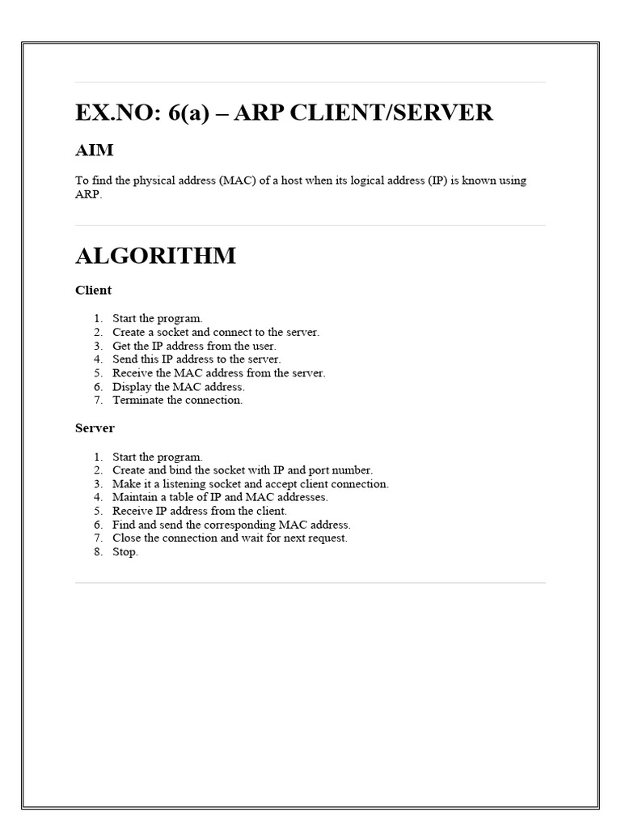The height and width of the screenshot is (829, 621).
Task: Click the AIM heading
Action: (94, 151)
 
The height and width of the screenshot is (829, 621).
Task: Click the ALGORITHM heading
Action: (155, 256)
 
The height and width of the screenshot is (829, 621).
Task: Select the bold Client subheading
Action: (93, 290)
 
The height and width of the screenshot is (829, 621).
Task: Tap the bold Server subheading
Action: (95, 427)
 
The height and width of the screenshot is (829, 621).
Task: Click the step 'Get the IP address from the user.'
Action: (194, 346)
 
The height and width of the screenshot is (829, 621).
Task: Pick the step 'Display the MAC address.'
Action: (178, 386)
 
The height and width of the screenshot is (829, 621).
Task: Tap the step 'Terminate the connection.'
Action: (177, 400)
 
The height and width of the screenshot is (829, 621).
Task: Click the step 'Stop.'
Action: (125, 551)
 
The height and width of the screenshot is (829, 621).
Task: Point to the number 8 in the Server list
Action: (97, 551)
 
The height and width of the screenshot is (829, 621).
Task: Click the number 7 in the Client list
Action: (97, 400)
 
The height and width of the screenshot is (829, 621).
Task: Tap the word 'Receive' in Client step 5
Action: (132, 373)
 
